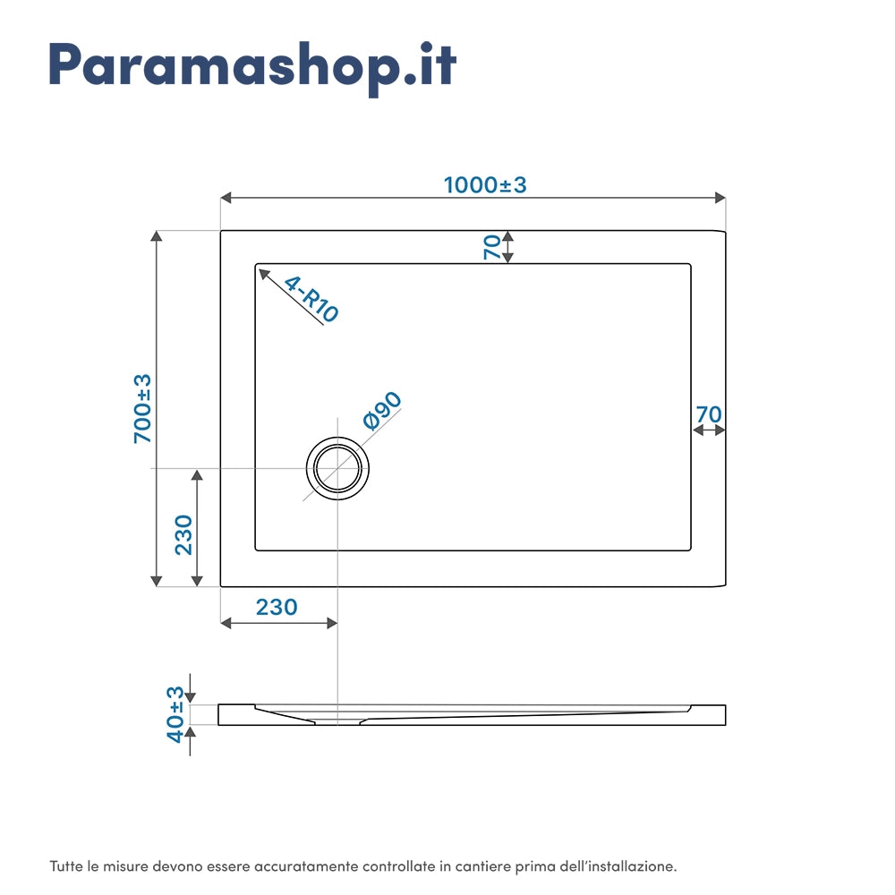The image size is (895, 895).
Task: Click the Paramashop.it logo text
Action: pyautogui.click(x=252, y=65)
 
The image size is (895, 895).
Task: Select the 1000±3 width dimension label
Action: pyautogui.click(x=485, y=184)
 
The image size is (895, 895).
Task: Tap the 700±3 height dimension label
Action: pyautogui.click(x=143, y=408)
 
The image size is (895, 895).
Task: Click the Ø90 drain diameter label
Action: pyautogui.click(x=381, y=412)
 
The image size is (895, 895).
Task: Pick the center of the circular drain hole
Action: pyautogui.click(x=337, y=468)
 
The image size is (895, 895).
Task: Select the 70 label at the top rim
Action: pyautogui.click(x=492, y=246)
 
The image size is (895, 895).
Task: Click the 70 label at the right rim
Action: pyautogui.click(x=708, y=414)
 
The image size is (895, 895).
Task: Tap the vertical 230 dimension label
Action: pyautogui.click(x=183, y=534)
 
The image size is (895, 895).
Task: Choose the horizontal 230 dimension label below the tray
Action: pyautogui.click(x=277, y=607)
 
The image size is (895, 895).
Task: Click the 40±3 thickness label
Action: pyautogui.click(x=175, y=713)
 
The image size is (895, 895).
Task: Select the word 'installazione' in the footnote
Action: pyautogui.click(x=640, y=866)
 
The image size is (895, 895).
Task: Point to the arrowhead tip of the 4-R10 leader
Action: pyautogui.click(x=260, y=268)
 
